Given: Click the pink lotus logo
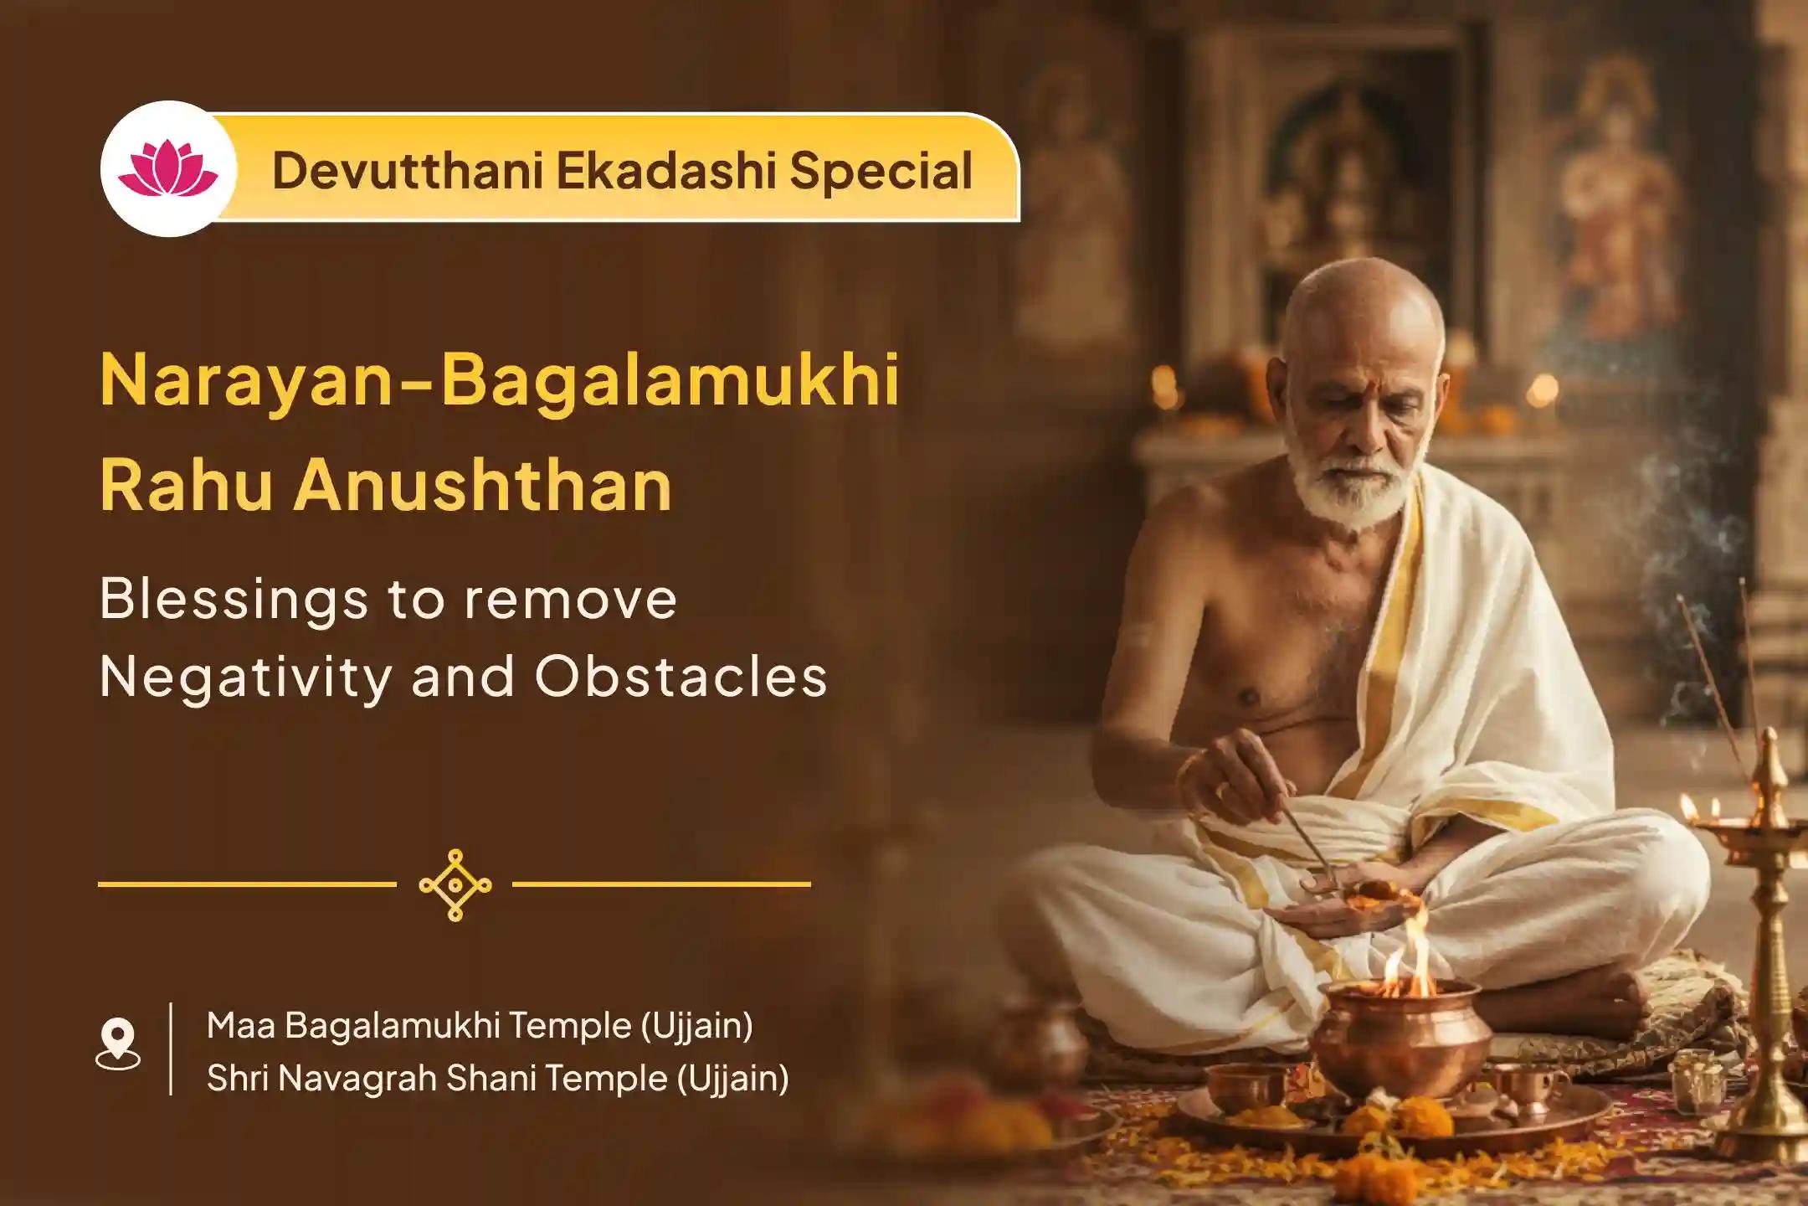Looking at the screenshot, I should coord(168,169).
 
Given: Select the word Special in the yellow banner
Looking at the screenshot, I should coord(881,171).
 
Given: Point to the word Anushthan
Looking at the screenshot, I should coord(483,486).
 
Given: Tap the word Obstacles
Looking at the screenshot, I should coord(681,675).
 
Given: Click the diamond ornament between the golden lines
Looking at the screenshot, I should coord(455,884).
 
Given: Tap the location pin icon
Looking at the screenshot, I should coord(118,1044).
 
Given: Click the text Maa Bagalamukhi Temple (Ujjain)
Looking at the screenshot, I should coord(480,1025).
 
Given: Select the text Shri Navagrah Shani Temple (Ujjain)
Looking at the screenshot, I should coord(497,1079).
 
